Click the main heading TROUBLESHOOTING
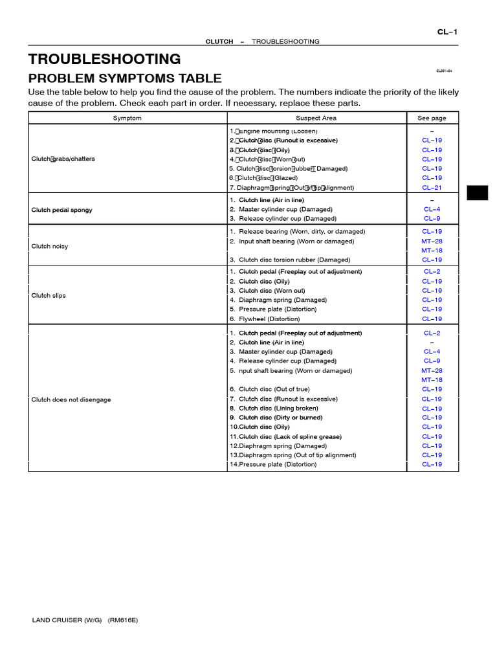(x=104, y=60)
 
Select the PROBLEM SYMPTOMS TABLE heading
(x=125, y=78)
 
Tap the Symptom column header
(x=127, y=118)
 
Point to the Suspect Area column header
(x=316, y=118)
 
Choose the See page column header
(x=432, y=118)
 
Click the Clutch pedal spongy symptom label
(x=62, y=210)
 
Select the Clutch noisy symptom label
(x=50, y=246)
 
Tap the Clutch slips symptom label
(x=49, y=295)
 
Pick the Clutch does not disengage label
(x=71, y=399)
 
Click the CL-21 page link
(x=432, y=188)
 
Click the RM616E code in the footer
(x=123, y=620)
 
